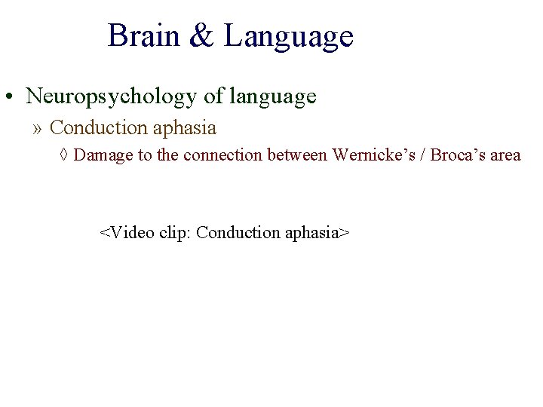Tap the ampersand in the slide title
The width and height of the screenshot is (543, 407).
(x=202, y=36)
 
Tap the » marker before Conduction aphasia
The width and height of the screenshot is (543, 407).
(x=38, y=129)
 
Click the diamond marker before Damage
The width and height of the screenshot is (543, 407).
(x=65, y=155)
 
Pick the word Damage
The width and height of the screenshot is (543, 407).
(x=102, y=156)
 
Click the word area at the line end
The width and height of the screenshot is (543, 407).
(x=505, y=156)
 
